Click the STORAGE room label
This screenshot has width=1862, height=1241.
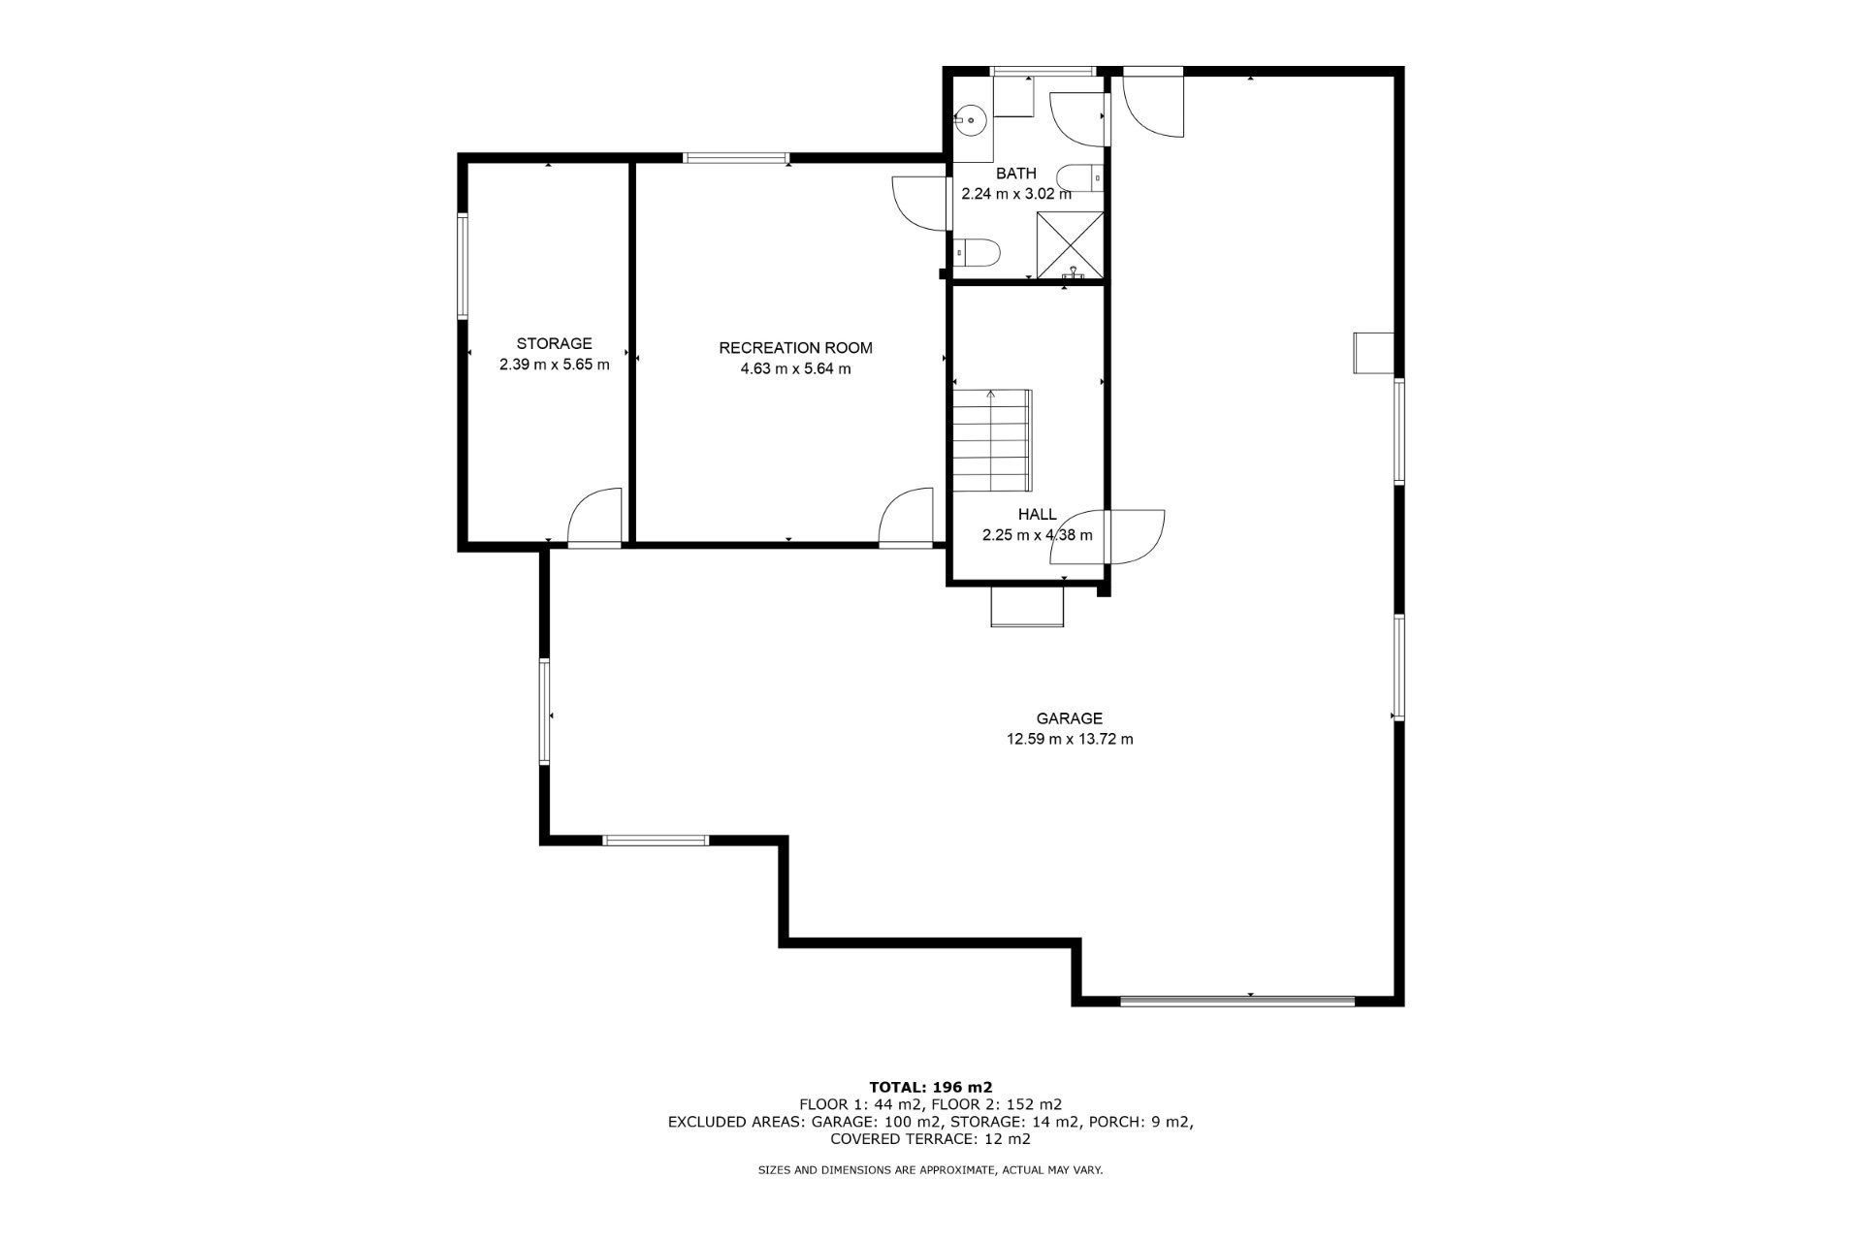click(554, 343)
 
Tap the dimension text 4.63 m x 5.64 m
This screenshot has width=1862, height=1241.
click(795, 368)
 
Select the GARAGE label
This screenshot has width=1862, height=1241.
click(1070, 718)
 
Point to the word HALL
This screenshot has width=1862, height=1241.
click(1037, 515)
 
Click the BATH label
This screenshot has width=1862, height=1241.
click(1016, 174)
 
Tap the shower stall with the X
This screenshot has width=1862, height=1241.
click(1070, 244)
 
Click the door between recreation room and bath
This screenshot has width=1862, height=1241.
click(919, 203)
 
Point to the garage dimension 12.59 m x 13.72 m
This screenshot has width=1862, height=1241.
click(1070, 739)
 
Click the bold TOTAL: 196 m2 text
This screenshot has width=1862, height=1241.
click(931, 1087)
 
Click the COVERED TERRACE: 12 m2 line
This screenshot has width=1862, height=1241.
click(931, 1139)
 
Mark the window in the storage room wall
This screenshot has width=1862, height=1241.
click(464, 266)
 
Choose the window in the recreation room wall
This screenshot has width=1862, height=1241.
click(737, 157)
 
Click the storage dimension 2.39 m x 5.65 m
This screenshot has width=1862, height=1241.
click(554, 365)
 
